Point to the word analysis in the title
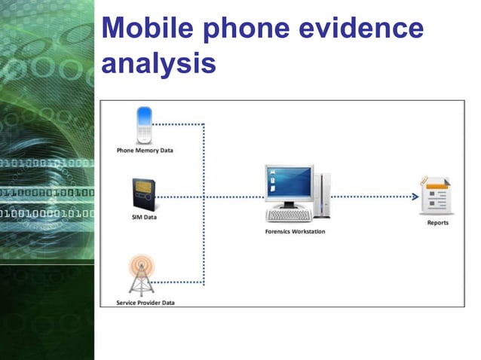[158, 63]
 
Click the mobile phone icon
[143, 125]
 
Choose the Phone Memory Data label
[145, 151]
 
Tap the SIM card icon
[143, 195]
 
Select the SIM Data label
[144, 218]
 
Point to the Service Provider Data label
[145, 303]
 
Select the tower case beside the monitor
[322, 194]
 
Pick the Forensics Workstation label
[296, 231]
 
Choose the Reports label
[437, 223]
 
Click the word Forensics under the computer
[280, 231]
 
